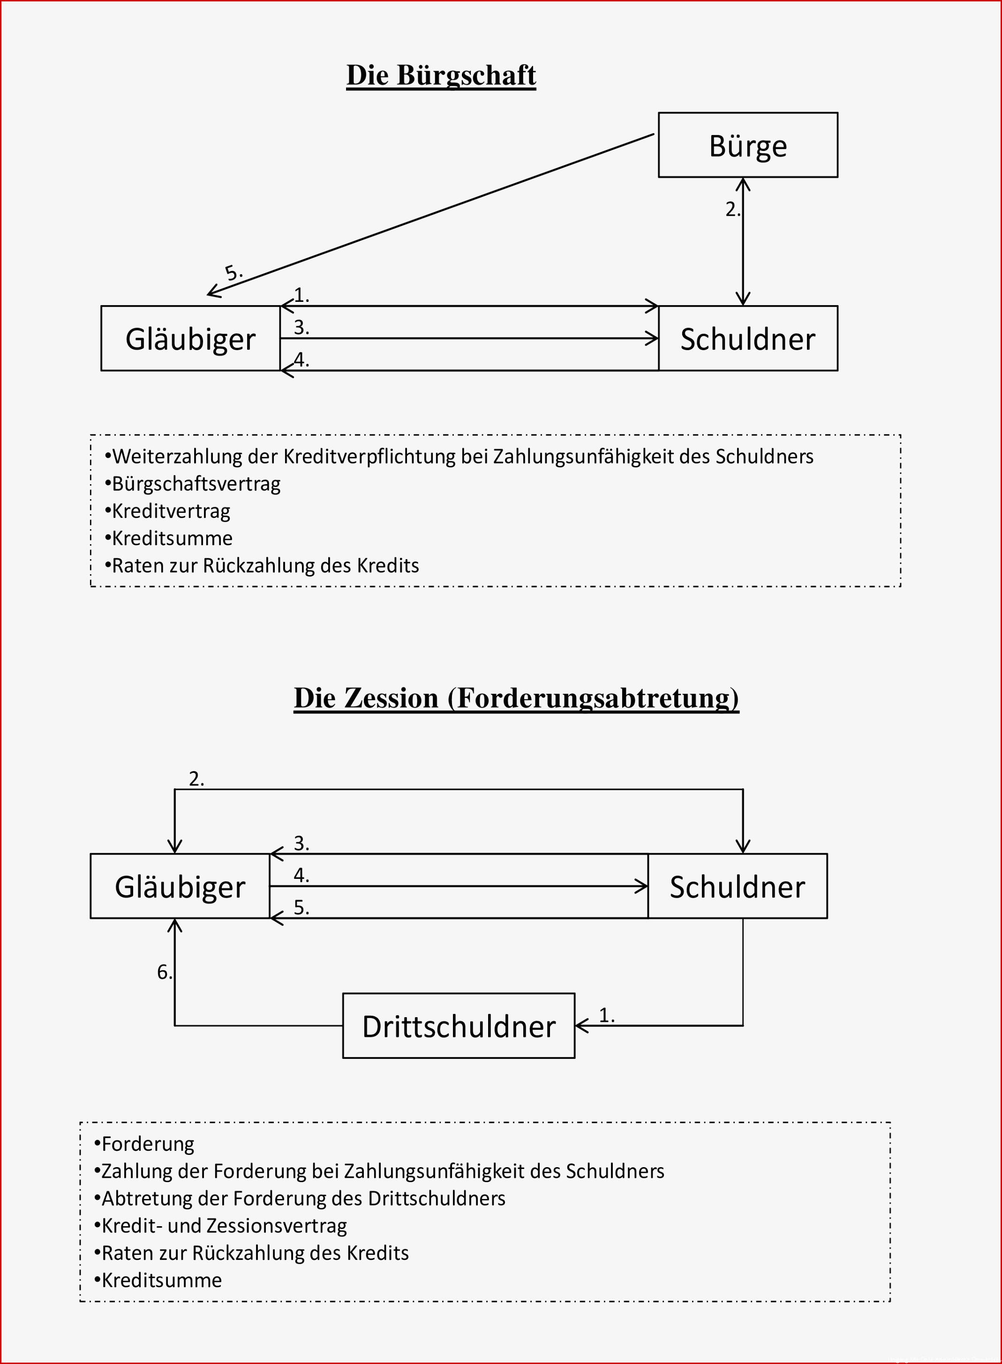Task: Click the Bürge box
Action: pos(748,145)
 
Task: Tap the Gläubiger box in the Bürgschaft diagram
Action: pos(190,338)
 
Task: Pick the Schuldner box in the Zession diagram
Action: pos(738,886)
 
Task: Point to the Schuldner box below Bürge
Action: pos(748,338)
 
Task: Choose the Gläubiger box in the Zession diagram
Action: pos(180,886)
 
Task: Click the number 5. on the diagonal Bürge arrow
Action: pos(234,273)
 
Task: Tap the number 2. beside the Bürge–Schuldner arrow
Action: pos(733,209)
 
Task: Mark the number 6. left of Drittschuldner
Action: pos(165,973)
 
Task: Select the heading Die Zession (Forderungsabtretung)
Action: pos(516,698)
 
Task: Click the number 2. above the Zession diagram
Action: pos(196,779)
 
